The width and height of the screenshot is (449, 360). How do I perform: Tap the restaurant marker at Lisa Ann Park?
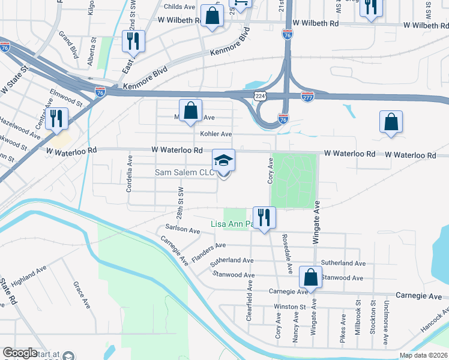click(264, 217)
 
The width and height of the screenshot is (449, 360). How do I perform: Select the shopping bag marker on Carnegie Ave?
click(310, 278)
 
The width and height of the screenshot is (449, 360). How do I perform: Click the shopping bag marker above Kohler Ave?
click(190, 111)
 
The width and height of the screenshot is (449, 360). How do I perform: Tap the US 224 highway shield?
click(260, 96)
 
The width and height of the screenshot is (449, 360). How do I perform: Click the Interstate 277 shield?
click(307, 97)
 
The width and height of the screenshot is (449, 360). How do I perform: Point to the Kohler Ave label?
click(216, 134)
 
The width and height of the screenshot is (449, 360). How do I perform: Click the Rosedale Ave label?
click(285, 247)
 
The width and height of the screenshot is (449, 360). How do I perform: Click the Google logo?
click(19, 353)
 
